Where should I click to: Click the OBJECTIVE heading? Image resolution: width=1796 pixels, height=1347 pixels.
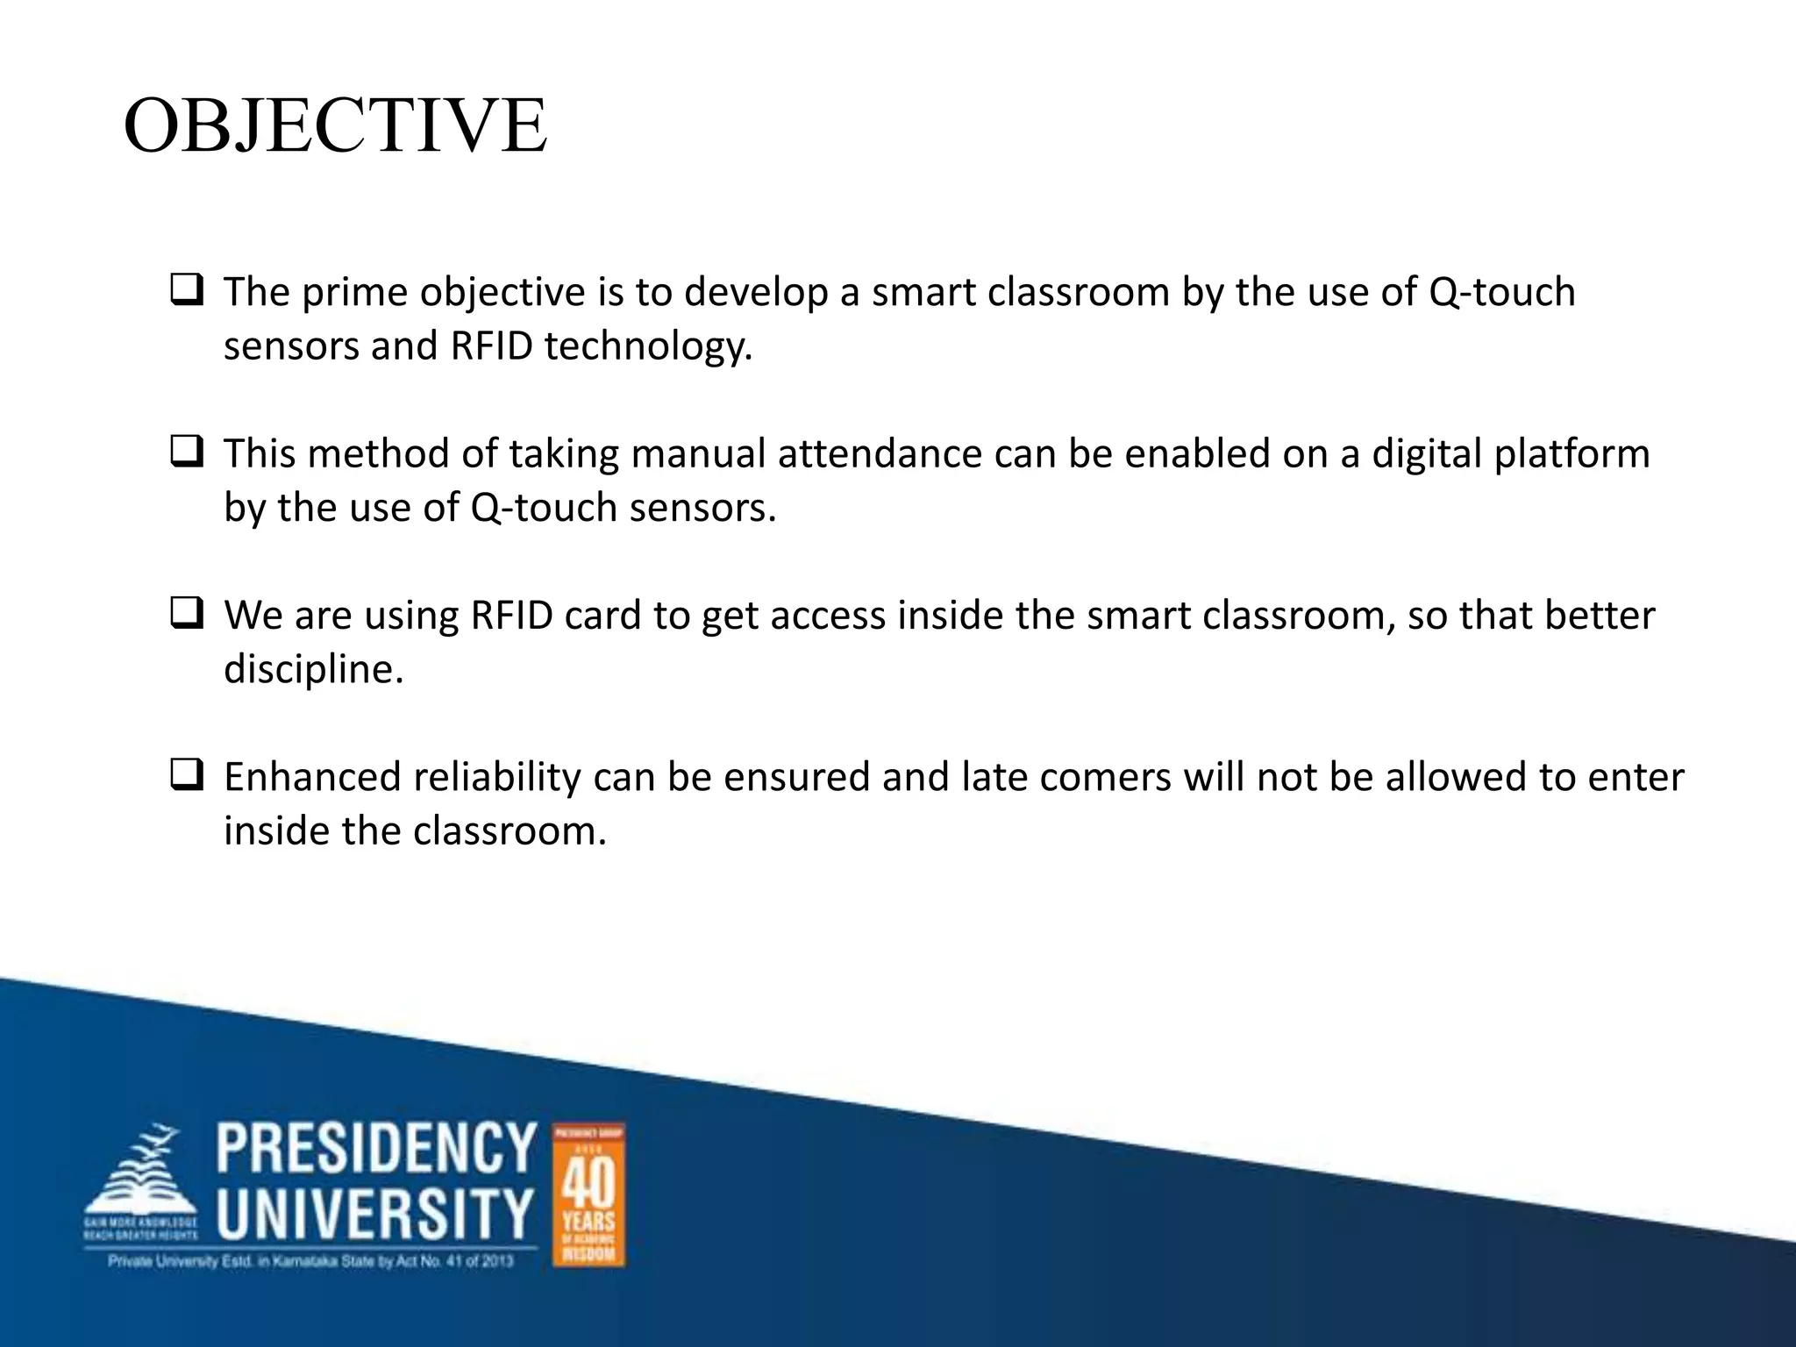tap(335, 126)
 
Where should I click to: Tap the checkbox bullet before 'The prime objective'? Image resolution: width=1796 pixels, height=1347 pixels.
tap(187, 289)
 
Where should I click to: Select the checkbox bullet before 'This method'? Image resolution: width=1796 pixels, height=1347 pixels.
tap(187, 452)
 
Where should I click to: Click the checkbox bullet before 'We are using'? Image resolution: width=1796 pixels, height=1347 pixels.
tap(187, 613)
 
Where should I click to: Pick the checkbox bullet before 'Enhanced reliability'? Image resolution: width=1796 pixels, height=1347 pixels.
tap(187, 775)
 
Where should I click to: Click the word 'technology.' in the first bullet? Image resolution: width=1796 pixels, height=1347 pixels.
tap(648, 346)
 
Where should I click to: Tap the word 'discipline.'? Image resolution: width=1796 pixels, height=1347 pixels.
tap(313, 670)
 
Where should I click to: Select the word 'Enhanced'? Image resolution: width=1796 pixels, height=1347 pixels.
tap(312, 778)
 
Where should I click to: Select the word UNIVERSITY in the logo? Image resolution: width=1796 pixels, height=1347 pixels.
tap(375, 1214)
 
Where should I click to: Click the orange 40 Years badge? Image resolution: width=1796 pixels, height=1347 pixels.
tap(588, 1194)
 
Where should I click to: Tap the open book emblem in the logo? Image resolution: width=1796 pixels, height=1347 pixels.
tap(140, 1175)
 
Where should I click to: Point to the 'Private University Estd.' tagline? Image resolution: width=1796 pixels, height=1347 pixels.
tap(310, 1262)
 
